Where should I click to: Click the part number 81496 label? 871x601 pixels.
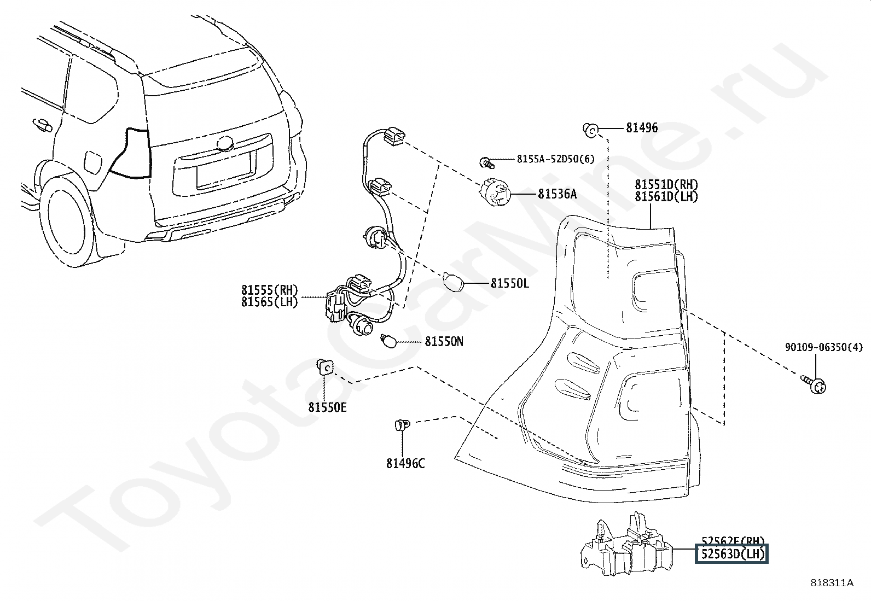click(x=642, y=128)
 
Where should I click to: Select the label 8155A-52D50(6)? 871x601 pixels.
click(x=555, y=159)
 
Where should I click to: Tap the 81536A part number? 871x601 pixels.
click(x=557, y=194)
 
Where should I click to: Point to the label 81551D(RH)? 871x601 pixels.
click(x=666, y=185)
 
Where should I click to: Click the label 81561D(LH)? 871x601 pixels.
click(x=666, y=197)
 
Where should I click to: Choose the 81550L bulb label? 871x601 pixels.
click(x=509, y=283)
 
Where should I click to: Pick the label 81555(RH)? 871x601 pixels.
click(x=269, y=290)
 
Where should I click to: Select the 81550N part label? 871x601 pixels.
click(x=444, y=342)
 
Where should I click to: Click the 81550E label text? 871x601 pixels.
click(x=327, y=407)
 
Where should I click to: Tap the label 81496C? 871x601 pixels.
click(x=405, y=463)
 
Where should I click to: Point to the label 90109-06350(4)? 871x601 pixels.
click(x=823, y=347)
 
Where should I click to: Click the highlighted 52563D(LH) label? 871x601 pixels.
click(x=731, y=554)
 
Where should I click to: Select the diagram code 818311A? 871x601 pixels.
click(x=832, y=583)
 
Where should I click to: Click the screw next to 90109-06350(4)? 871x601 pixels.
click(x=815, y=384)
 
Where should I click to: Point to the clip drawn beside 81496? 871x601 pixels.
click(x=591, y=129)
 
